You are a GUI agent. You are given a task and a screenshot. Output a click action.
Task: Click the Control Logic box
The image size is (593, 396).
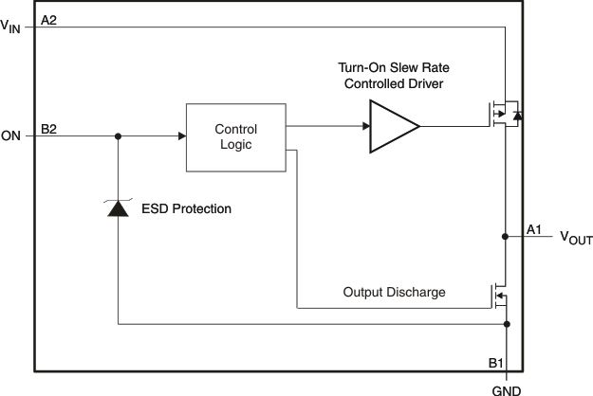tap(236, 136)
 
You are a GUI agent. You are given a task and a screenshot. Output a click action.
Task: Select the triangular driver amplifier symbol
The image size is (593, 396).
tap(393, 126)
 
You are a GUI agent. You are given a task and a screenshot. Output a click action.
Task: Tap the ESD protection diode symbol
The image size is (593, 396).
tap(118, 208)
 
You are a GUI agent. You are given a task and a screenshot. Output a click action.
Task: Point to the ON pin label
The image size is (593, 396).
tap(11, 136)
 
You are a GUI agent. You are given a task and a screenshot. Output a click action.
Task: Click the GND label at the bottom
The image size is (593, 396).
tap(506, 387)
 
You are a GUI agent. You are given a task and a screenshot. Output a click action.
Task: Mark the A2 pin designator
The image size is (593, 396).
tap(49, 20)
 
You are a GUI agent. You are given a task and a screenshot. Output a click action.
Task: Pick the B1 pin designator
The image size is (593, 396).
tap(495, 361)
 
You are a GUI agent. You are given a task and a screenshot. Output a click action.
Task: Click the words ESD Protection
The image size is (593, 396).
tap(186, 208)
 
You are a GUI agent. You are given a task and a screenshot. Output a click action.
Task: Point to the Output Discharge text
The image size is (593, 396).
tap(394, 292)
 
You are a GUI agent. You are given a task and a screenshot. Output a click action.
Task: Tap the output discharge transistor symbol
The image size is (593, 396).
tap(498, 296)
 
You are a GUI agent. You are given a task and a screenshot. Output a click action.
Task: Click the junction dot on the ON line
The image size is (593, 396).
tap(118, 136)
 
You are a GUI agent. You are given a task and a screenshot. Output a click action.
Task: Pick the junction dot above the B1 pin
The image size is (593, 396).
tap(507, 324)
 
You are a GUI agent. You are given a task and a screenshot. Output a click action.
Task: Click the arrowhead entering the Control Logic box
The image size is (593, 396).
tap(180, 136)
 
